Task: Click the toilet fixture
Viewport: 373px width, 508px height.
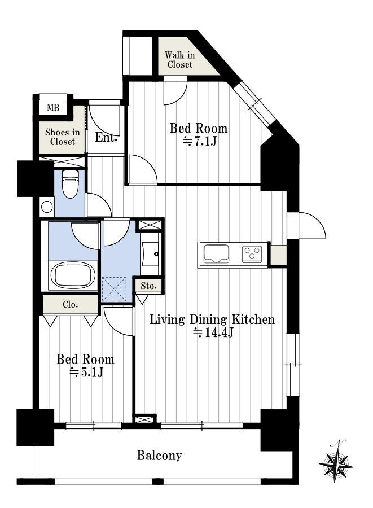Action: pyautogui.click(x=70, y=183)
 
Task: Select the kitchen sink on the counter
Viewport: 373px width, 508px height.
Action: pyautogui.click(x=216, y=254)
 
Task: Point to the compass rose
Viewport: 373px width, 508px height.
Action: pyautogui.click(x=336, y=461)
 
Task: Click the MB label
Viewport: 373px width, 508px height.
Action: pyautogui.click(x=53, y=108)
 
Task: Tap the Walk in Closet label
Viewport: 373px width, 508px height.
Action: pyautogui.click(x=179, y=60)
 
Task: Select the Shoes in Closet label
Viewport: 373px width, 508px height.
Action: pyautogui.click(x=63, y=137)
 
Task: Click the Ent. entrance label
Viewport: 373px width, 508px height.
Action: pyautogui.click(x=106, y=138)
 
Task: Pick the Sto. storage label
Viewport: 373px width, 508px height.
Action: pyautogui.click(x=148, y=286)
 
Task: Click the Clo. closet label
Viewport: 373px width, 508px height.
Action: pyautogui.click(x=71, y=305)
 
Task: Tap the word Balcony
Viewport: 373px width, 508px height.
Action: pyautogui.click(x=159, y=456)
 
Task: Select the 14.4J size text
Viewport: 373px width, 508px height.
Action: pyautogui.click(x=213, y=332)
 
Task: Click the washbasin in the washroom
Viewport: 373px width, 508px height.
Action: pyautogui.click(x=151, y=254)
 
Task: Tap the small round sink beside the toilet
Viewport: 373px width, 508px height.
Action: pyautogui.click(x=47, y=207)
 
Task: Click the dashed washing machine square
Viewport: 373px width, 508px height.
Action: pyautogui.click(x=114, y=290)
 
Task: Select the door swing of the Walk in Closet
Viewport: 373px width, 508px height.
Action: pyautogui.click(x=175, y=91)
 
